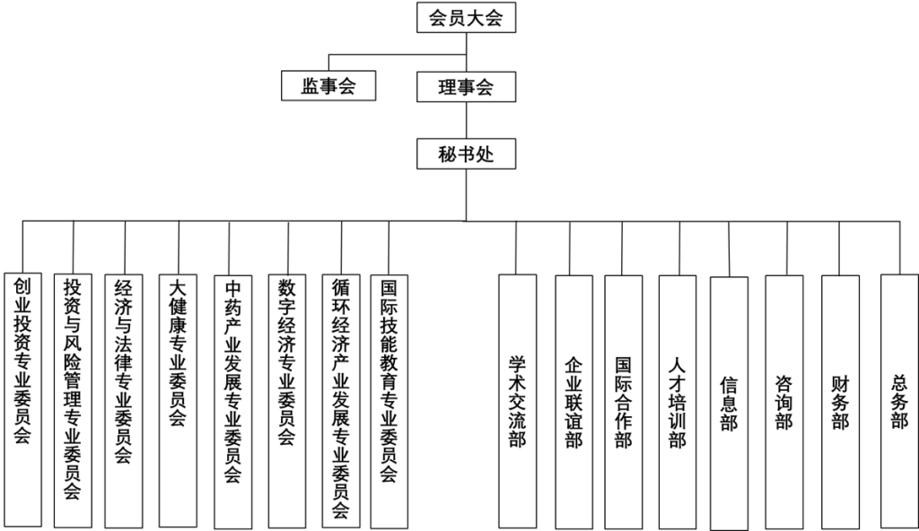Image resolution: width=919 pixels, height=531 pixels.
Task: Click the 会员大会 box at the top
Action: [x=466, y=18]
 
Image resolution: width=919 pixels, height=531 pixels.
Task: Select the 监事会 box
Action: [x=328, y=86]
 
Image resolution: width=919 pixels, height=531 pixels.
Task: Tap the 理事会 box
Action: [x=466, y=87]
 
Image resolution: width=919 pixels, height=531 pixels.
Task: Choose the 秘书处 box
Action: [x=466, y=153]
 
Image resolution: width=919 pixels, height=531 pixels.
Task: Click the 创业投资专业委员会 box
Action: [x=22, y=400]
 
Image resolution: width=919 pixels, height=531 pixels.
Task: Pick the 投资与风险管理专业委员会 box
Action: [x=73, y=401]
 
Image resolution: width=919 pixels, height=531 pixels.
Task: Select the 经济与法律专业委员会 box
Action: [x=124, y=402]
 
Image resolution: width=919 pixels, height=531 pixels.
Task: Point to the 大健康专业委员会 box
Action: [x=178, y=401]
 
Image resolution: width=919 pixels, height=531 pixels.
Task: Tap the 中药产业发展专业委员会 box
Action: [x=232, y=402]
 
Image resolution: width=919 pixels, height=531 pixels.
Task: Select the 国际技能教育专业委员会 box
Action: [x=389, y=402]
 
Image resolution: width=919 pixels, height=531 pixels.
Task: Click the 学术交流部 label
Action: [x=517, y=402]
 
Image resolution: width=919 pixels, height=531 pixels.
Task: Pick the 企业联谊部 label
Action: [x=573, y=402]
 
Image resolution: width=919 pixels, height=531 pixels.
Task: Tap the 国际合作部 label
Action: [x=624, y=402]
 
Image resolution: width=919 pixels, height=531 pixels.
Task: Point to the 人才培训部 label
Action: [x=678, y=402]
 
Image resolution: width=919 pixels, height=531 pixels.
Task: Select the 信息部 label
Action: [x=729, y=404]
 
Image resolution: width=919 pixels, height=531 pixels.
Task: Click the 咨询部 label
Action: [x=784, y=403]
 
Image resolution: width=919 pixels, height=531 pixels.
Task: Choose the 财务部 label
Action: [x=840, y=403]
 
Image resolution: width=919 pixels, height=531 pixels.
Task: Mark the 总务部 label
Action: [x=899, y=402]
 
